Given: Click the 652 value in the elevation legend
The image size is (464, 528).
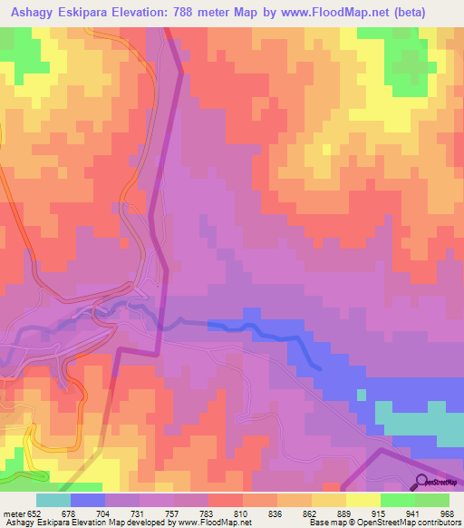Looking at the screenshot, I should (x=34, y=513).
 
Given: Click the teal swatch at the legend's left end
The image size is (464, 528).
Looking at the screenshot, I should (x=53, y=500).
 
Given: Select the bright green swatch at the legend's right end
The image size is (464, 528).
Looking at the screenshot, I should (x=432, y=500).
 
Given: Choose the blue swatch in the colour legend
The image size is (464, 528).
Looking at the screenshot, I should (x=88, y=500).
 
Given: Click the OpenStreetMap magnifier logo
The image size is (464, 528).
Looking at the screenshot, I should (x=422, y=482).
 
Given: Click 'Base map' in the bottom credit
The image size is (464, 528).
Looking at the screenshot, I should (x=324, y=523).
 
